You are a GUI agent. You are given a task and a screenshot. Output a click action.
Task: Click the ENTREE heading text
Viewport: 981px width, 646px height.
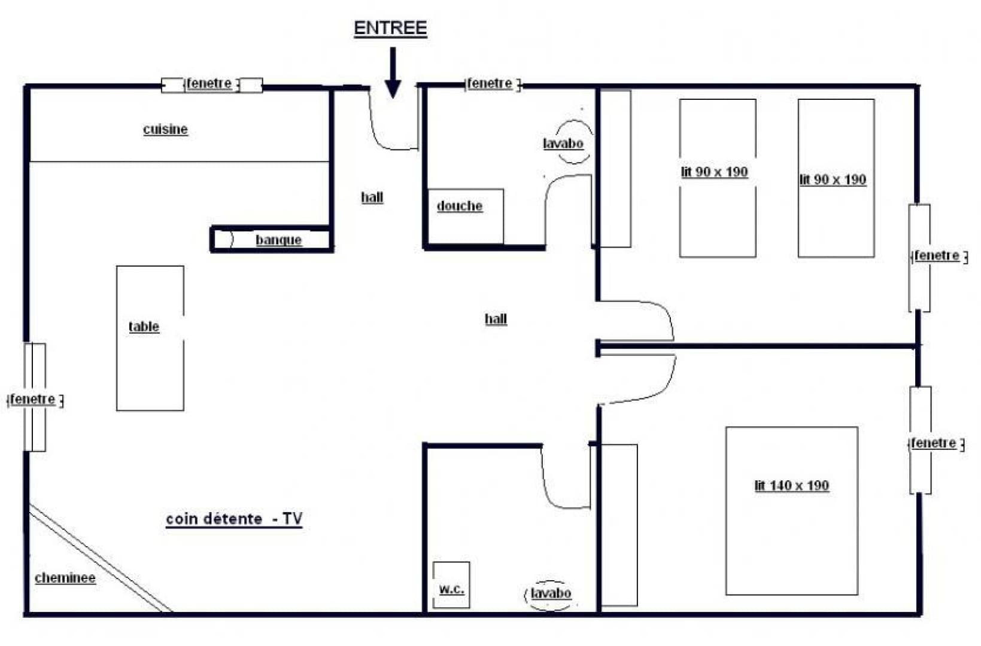pyautogui.click(x=390, y=28)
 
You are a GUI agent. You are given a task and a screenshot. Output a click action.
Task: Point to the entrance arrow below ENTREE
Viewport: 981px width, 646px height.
pyautogui.click(x=393, y=72)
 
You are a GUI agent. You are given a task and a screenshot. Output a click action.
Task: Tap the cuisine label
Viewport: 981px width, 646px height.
pyautogui.click(x=165, y=129)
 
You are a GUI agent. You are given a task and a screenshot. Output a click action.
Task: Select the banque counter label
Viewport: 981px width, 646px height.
pyautogui.click(x=278, y=240)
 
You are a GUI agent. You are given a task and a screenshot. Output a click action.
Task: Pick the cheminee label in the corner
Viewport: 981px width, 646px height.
pyautogui.click(x=65, y=578)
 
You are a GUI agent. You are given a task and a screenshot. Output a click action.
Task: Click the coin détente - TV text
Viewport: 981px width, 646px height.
pyautogui.click(x=234, y=519)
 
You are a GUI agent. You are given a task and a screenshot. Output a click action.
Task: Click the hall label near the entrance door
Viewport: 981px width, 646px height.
pyautogui.click(x=372, y=197)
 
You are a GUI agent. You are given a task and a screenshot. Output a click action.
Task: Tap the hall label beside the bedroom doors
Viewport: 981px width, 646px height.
pyautogui.click(x=496, y=319)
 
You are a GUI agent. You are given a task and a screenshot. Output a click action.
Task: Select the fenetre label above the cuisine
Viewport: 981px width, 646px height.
pyautogui.click(x=209, y=83)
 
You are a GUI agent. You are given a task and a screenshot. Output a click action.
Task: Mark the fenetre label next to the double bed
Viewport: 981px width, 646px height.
pyautogui.click(x=933, y=443)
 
